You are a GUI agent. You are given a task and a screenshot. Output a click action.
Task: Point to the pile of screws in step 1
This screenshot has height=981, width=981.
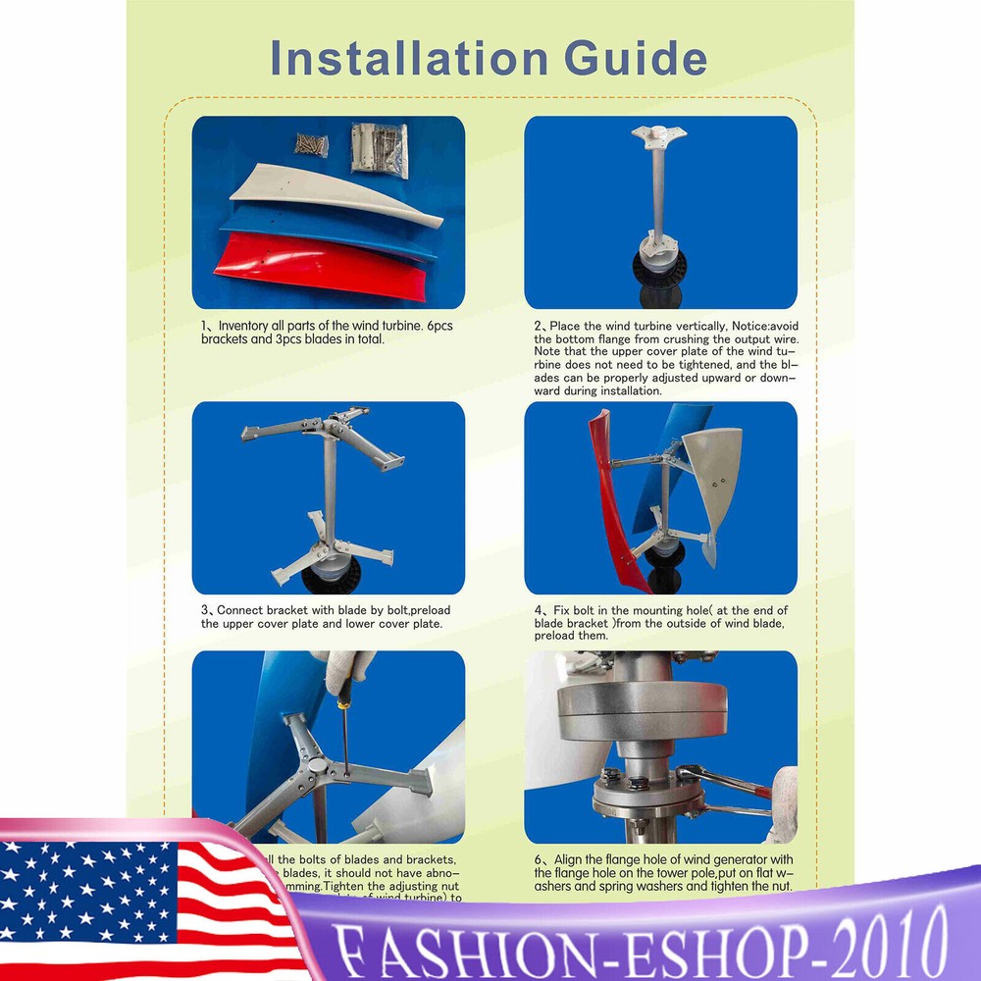(x=308, y=144)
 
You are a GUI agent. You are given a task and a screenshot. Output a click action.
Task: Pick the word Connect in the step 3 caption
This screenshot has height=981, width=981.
(x=237, y=610)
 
